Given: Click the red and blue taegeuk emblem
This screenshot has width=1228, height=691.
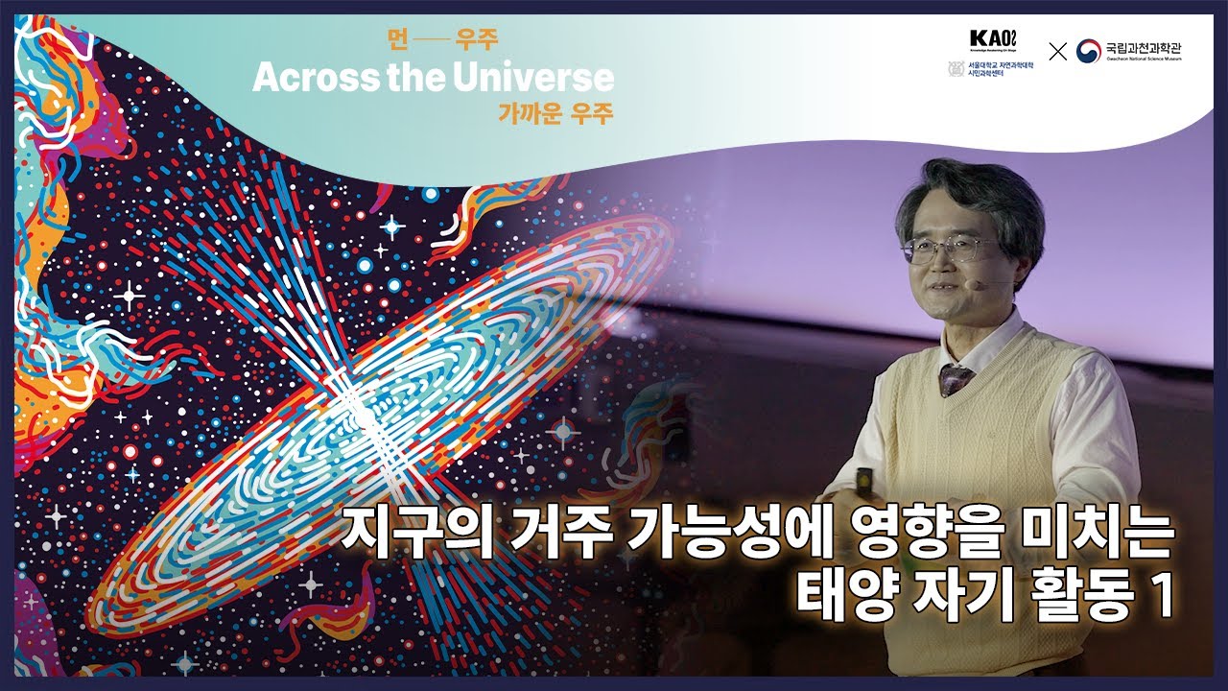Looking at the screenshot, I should [x=1088, y=51].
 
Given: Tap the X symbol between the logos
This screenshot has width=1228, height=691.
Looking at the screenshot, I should [x=1057, y=52].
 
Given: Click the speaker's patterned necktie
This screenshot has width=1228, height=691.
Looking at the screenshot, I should [x=956, y=376].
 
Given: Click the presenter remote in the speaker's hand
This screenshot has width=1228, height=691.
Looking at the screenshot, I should [x=864, y=475].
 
